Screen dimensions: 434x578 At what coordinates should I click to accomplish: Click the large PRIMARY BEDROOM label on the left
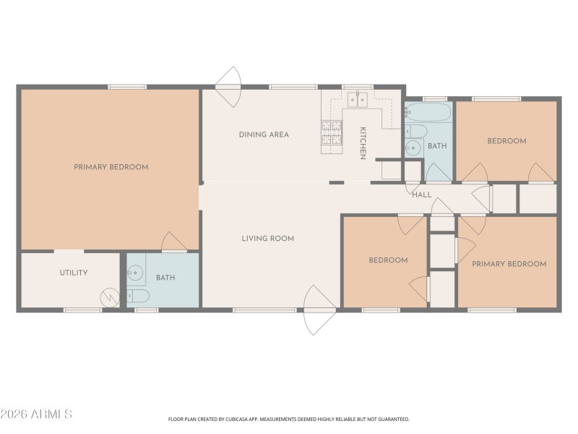tap(111, 167)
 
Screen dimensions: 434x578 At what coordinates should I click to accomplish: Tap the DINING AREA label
tap(264, 135)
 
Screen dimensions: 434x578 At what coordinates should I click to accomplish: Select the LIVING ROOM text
tap(267, 238)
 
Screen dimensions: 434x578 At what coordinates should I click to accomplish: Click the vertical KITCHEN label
tap(363, 142)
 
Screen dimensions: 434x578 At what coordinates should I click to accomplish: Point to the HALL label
tap(421, 194)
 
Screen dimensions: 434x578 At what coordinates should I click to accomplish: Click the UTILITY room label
tap(74, 273)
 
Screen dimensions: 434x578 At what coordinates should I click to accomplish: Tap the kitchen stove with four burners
tap(331, 133)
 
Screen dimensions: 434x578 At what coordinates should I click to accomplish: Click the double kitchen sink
tap(357, 100)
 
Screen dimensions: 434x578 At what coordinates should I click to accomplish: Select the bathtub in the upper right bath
tap(428, 113)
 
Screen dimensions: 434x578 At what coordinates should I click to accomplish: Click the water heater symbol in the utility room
tap(111, 297)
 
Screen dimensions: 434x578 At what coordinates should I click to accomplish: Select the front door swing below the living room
tap(319, 311)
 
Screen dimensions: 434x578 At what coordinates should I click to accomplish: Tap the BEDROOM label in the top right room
tap(506, 141)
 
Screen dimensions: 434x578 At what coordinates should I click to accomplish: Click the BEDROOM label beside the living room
tap(388, 260)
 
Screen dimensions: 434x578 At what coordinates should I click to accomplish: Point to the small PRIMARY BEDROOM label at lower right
tap(509, 264)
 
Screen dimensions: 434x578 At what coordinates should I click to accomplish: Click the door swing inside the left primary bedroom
tap(173, 242)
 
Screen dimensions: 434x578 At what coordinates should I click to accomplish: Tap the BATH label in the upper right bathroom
tap(437, 146)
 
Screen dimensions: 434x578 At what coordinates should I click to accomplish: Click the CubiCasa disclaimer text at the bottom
tap(289, 419)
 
